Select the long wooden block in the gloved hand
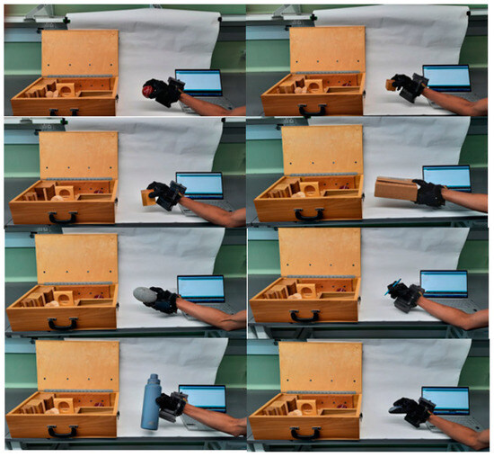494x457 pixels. point(394,190)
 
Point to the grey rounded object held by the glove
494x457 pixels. point(144,293)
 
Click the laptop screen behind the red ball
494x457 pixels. point(198,83)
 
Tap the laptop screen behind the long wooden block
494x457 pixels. point(446,178)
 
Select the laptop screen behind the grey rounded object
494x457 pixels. point(201,288)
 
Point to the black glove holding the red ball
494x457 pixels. point(164,90)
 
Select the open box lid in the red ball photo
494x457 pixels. point(80,52)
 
